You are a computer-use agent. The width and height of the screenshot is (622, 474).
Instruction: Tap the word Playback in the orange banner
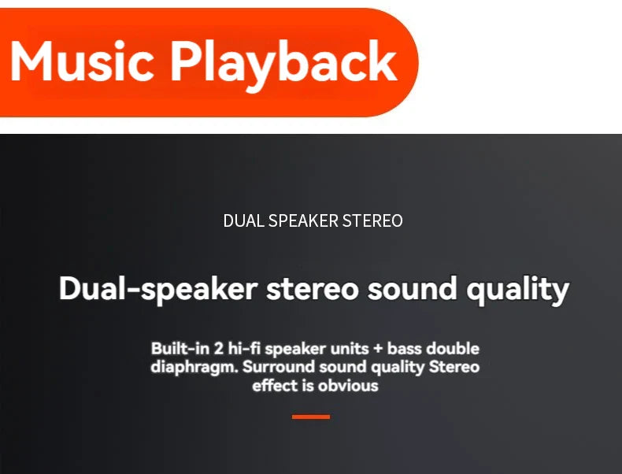click(x=283, y=63)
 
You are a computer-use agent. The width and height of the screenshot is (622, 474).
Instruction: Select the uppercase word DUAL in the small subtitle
click(x=244, y=221)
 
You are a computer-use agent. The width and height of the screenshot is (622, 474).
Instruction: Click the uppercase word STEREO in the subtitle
click(x=373, y=221)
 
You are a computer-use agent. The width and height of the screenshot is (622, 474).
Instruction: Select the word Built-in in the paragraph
click(x=178, y=348)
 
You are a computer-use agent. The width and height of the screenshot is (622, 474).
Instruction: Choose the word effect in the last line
click(x=276, y=386)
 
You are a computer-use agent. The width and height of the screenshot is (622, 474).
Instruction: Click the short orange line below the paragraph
click(x=311, y=417)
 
